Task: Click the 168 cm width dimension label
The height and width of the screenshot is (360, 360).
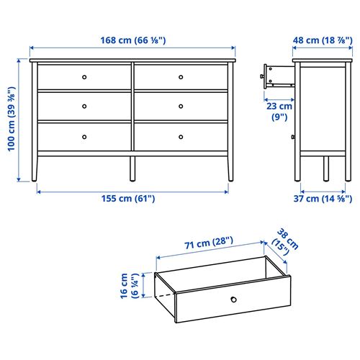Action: (x=132, y=40)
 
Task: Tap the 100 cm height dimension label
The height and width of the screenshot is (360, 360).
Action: (x=11, y=122)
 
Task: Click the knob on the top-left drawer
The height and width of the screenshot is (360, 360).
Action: (x=84, y=76)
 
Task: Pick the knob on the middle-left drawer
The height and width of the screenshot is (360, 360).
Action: (x=84, y=106)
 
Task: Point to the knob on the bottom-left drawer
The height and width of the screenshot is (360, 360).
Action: (x=84, y=136)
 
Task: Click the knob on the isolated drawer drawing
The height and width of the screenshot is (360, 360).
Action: (x=233, y=300)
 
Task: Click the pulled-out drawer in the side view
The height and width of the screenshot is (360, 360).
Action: (x=277, y=75)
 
